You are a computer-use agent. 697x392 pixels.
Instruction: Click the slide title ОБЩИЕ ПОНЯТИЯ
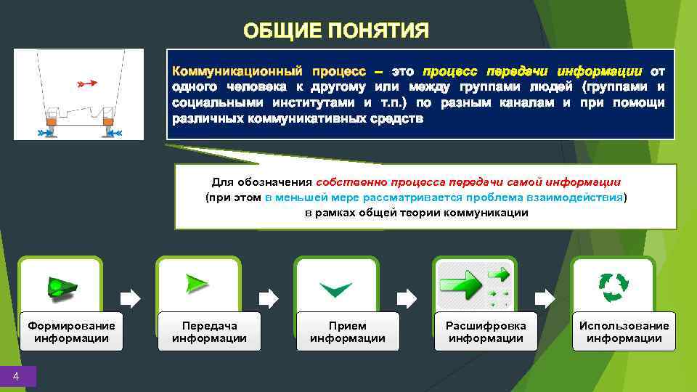click(336, 31)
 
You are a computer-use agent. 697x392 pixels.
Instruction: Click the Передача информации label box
click(209, 332)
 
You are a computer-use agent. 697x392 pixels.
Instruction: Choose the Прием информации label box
click(347, 332)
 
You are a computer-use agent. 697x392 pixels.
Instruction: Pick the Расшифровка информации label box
click(486, 332)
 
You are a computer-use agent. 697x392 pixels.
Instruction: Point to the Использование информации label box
click(624, 332)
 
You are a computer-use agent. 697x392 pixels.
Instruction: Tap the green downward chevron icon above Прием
click(336, 289)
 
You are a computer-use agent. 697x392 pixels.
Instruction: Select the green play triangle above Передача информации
click(197, 284)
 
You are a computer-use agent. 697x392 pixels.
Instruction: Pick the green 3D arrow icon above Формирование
click(61, 286)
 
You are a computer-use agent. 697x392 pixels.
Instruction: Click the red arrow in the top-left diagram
click(86, 84)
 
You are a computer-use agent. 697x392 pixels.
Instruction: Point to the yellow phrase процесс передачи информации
click(532, 72)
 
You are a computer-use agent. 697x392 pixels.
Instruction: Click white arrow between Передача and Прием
click(268, 298)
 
